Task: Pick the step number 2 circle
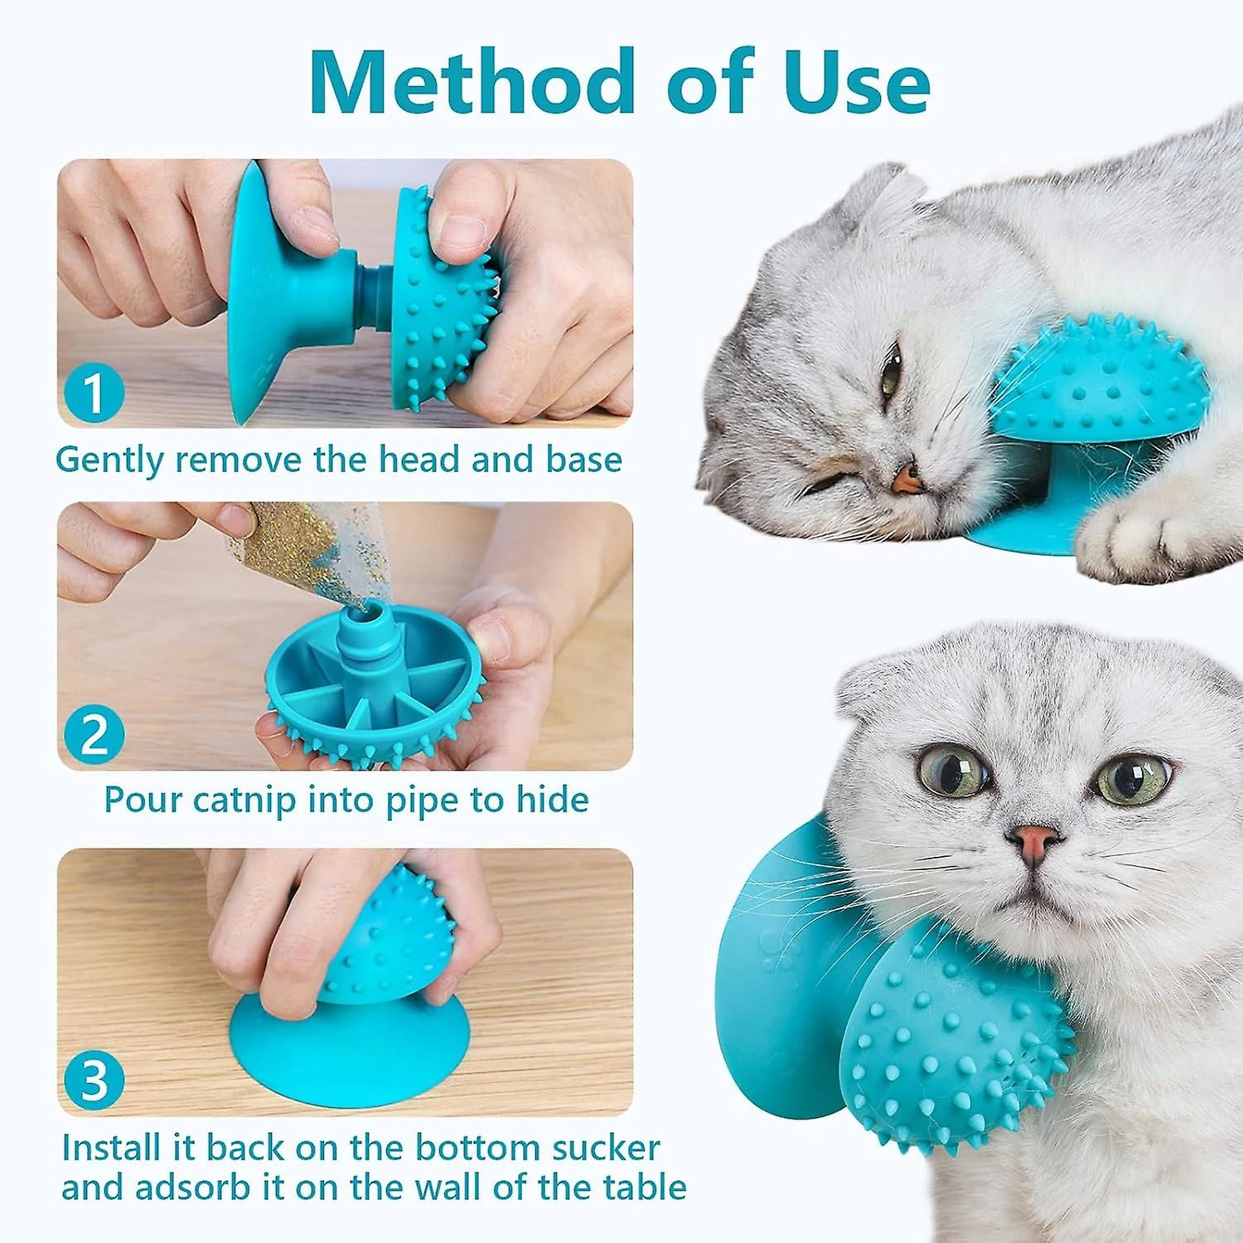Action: [x=94, y=734]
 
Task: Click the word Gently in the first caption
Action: [x=110, y=461]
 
